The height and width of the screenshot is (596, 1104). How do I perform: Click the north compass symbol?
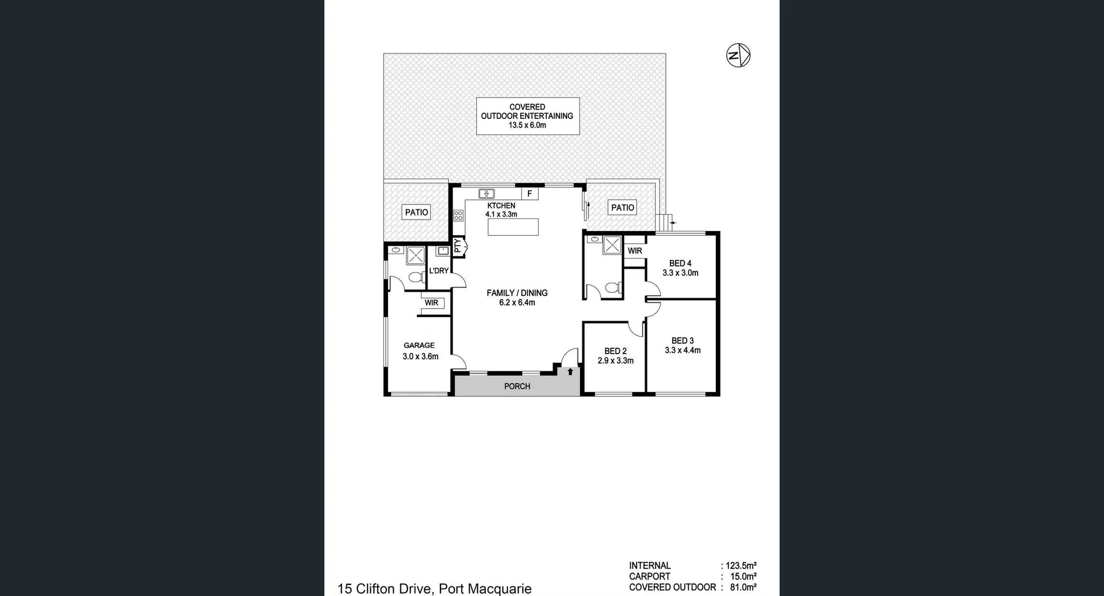738,56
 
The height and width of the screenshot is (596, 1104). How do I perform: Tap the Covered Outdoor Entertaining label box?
527,116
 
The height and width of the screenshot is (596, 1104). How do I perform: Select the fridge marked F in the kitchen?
530,194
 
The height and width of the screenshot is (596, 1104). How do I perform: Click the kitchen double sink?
486,194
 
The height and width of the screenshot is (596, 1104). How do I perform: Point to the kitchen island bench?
513,227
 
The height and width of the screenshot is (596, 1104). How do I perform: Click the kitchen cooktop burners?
458,216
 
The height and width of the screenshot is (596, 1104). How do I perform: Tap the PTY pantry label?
458,247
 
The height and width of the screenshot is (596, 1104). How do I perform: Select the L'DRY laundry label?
439,271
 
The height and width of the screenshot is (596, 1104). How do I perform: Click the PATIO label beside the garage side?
416,213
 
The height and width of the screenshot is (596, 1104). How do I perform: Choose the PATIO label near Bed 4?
622,207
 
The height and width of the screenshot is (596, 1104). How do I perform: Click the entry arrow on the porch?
570,372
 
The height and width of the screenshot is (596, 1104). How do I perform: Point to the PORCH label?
517,386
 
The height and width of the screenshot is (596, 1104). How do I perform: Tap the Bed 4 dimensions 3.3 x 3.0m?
680,273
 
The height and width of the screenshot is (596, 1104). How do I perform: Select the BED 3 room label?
683,340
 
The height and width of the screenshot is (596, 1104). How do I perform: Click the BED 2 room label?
615,351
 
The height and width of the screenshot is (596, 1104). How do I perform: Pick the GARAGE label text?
419,345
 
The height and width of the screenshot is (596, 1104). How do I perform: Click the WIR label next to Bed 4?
635,251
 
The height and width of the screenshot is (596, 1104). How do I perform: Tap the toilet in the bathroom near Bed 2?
614,287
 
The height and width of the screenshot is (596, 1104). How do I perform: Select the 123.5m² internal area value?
741,566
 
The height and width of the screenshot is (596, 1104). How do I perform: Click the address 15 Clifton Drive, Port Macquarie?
434,589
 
